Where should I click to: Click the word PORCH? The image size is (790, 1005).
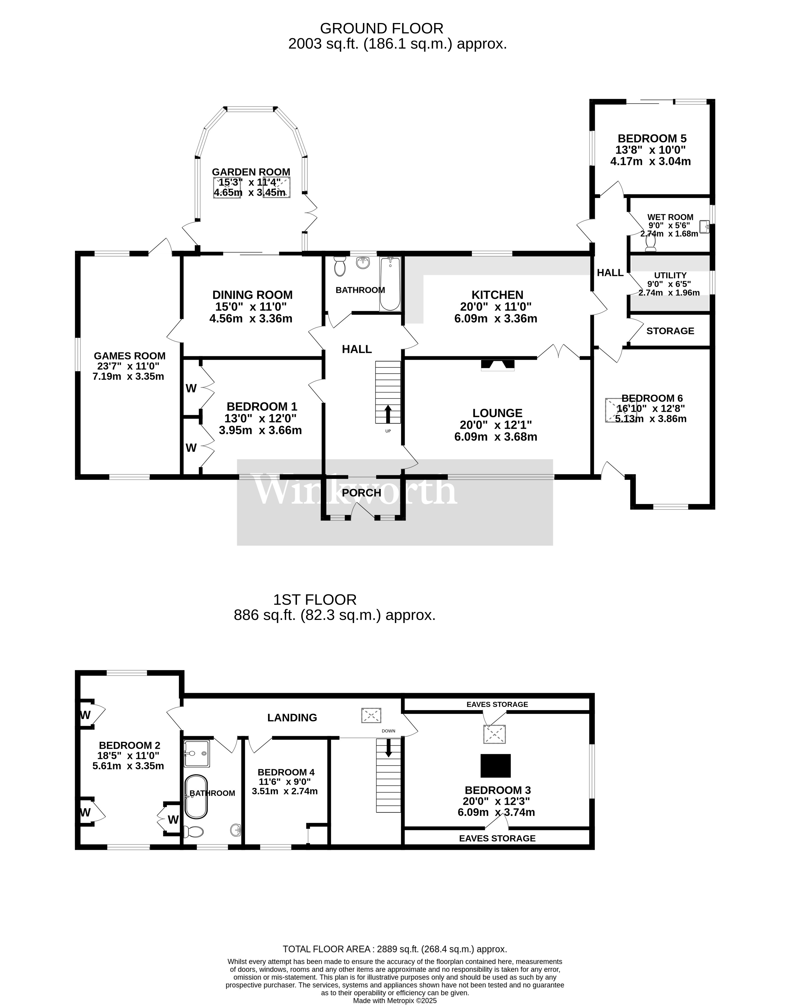coord(361,493)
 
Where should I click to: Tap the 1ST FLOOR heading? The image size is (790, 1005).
coord(315,600)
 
